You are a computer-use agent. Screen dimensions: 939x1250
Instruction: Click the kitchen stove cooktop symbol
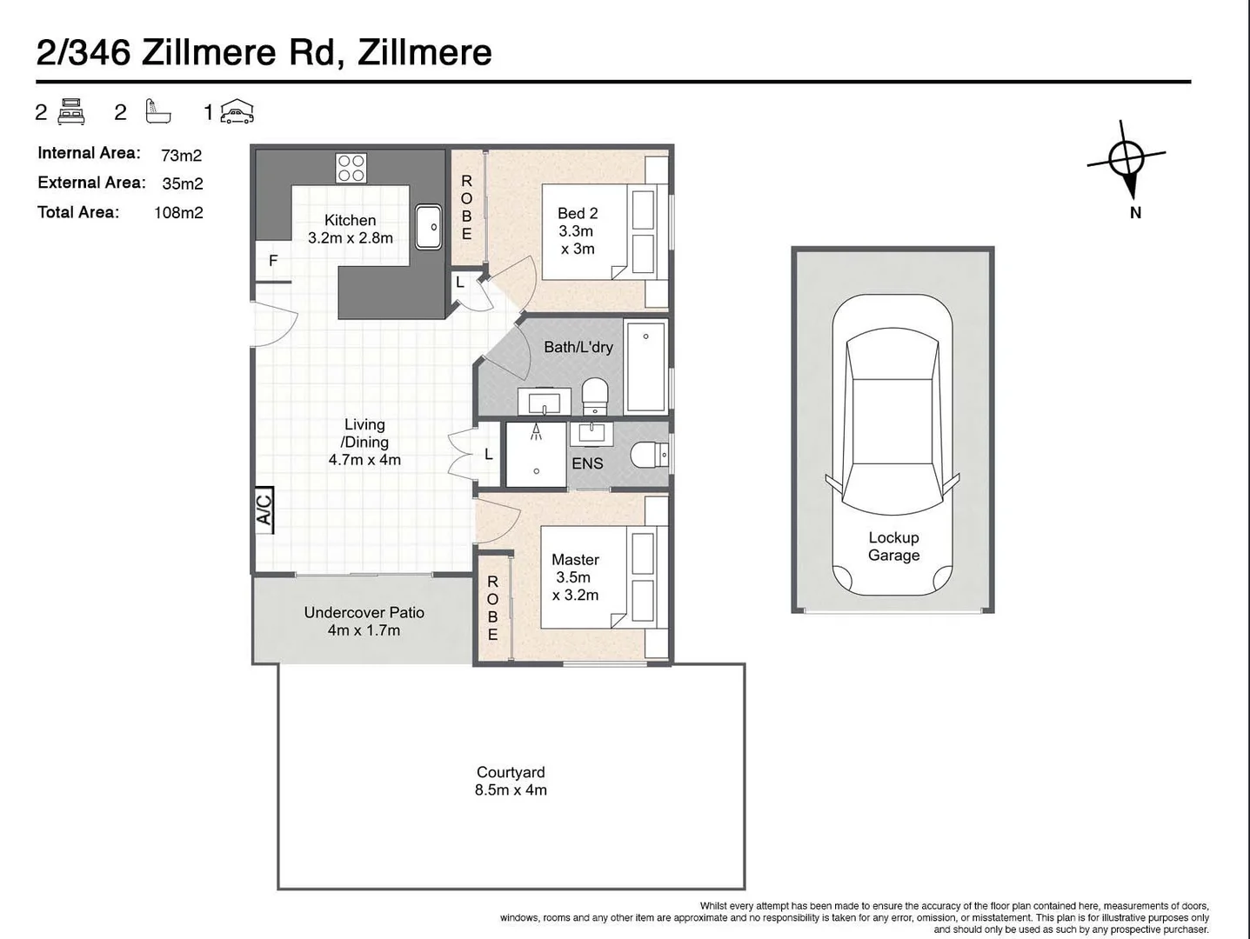point(351,168)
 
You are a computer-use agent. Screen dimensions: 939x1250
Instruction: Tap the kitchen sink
point(429,226)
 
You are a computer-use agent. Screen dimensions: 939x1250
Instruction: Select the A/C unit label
point(264,509)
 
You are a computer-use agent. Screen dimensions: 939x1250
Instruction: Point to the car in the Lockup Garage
point(892,443)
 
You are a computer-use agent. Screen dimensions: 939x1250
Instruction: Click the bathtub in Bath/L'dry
point(645,365)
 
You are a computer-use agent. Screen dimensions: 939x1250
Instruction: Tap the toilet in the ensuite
point(648,454)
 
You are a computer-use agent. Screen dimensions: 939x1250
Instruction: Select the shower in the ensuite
point(536,453)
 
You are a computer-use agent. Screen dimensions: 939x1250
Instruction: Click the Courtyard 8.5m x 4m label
point(511,781)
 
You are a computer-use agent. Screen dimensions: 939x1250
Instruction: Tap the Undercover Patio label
point(364,621)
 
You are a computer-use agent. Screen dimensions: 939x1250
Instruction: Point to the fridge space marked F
point(272,261)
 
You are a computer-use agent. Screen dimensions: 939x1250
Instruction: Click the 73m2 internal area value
point(181,155)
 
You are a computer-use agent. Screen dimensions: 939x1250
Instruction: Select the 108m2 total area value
point(178,212)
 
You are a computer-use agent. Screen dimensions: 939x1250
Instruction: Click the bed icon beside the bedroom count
point(71,112)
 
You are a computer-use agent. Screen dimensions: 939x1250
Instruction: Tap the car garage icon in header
point(236,112)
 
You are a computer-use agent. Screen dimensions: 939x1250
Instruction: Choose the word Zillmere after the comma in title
point(424,52)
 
